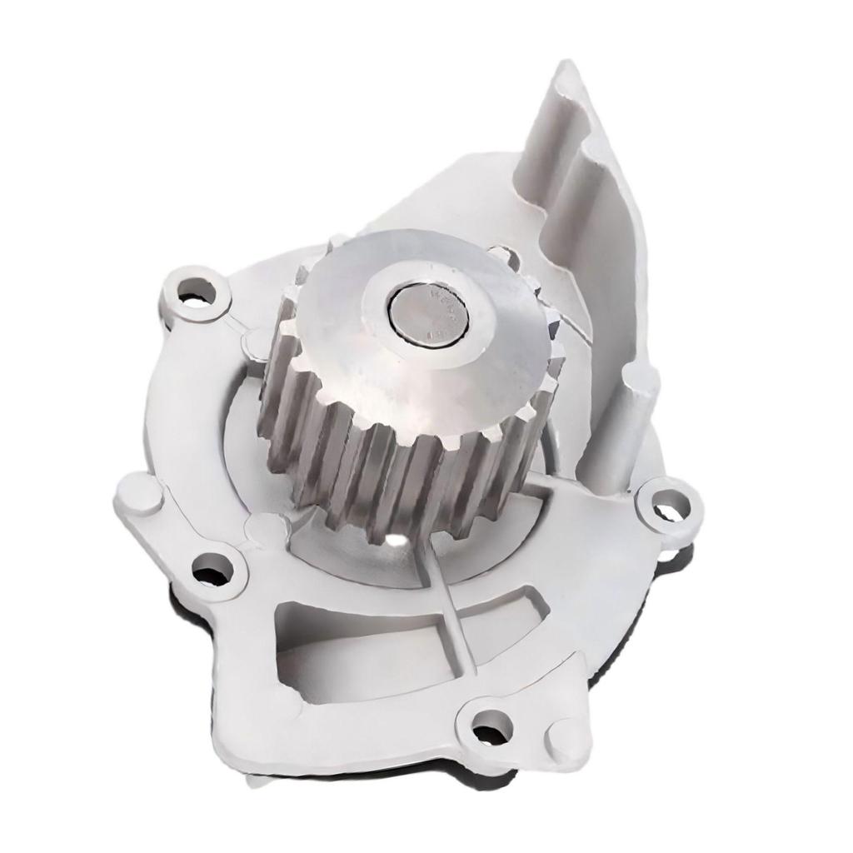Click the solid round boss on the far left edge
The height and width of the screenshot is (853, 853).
[x=138, y=495]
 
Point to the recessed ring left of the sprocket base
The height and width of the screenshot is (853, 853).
[x=242, y=433]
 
